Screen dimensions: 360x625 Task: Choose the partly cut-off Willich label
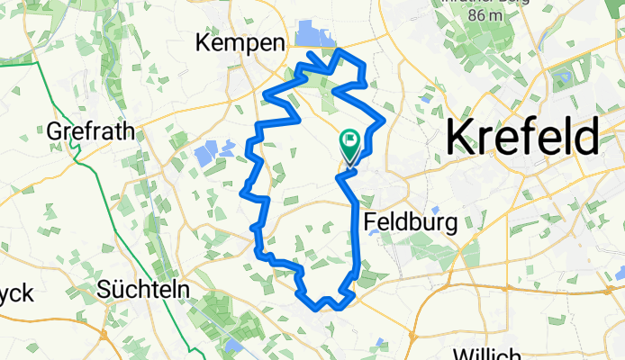(486, 353)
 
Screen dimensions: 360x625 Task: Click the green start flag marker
(349, 142)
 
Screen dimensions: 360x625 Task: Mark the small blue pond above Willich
(383, 340)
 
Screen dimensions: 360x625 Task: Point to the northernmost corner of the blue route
(340, 50)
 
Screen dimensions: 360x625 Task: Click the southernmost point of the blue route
(336, 307)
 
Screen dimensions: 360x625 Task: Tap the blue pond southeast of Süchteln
(234, 346)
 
